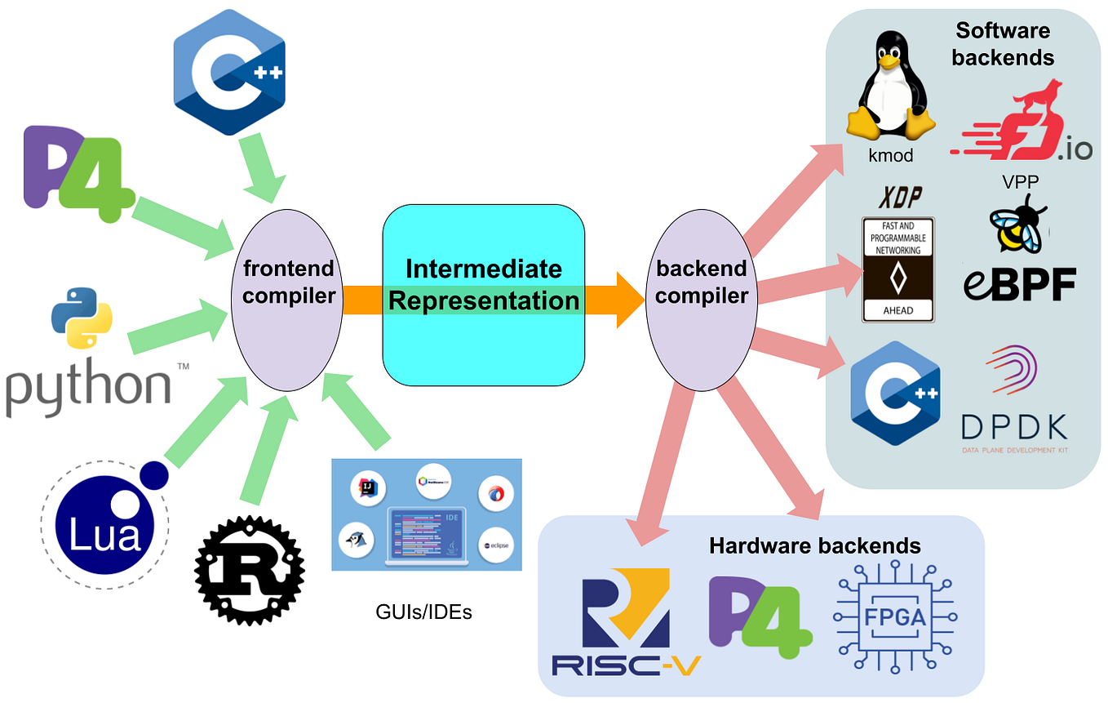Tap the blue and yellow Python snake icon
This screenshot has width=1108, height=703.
(82, 318)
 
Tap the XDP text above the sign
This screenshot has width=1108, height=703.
(897, 198)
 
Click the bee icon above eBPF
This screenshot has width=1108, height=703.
(1017, 225)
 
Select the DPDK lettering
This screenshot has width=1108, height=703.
(1013, 426)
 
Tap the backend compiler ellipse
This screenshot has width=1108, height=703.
(702, 294)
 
